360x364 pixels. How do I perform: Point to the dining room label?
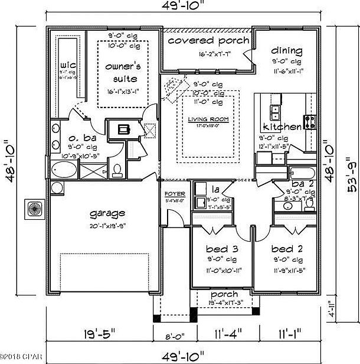pos(287,50)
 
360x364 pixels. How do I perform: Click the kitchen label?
pos(283,126)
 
